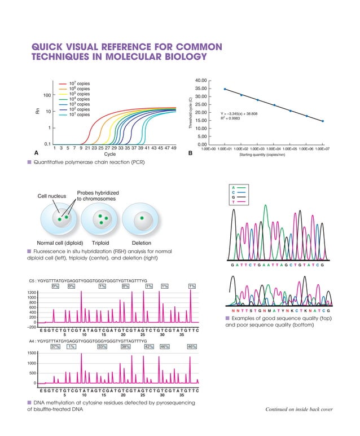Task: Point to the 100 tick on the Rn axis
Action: pos(48,95)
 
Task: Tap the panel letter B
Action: pos(190,153)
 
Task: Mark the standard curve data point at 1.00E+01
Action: pos(225,89)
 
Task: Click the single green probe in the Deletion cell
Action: pos(142,217)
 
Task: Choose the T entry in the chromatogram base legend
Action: pos(233,201)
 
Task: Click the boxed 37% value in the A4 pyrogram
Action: pos(56,347)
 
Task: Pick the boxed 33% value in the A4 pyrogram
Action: pos(102,347)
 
